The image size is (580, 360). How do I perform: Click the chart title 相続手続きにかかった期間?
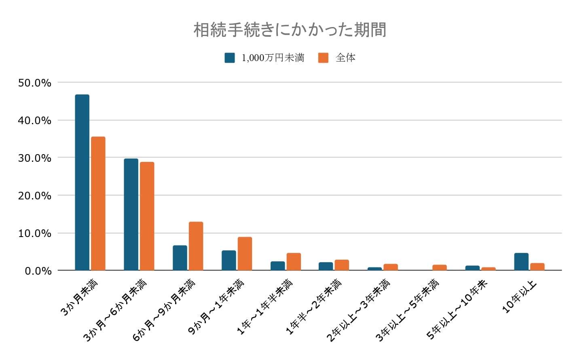point(290,30)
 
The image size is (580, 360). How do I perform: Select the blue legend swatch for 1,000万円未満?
point(229,58)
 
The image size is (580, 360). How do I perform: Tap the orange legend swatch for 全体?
point(323,58)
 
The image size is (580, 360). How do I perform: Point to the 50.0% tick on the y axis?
point(35,83)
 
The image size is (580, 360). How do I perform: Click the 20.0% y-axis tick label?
point(35,196)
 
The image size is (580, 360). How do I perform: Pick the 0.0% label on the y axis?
point(38,271)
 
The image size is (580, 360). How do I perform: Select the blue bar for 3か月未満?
point(82,182)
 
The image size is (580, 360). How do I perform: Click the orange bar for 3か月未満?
point(98,203)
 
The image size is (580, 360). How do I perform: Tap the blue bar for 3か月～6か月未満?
point(131,214)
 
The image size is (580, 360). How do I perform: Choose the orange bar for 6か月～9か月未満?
point(196,246)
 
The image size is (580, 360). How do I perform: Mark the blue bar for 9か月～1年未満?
point(229,260)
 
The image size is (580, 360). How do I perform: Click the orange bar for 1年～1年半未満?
point(294,261)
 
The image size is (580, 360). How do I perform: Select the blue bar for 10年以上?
point(521,261)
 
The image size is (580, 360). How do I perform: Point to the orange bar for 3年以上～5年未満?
point(440,267)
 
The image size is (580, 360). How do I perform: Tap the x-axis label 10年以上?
point(519,296)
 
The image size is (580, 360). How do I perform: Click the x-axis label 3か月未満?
point(79,298)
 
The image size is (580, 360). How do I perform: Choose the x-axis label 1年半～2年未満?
point(314,307)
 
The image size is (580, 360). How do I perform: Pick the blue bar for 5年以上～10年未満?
point(472,268)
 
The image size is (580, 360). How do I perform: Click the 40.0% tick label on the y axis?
point(35,121)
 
